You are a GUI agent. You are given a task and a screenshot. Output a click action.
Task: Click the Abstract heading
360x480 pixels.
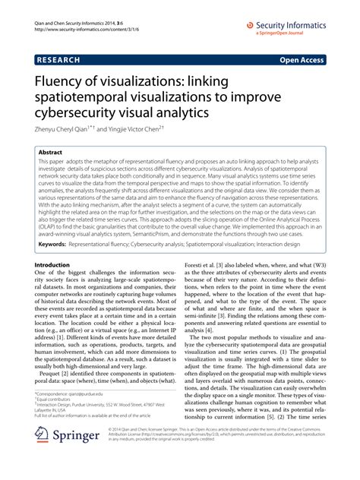click(51, 153)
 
